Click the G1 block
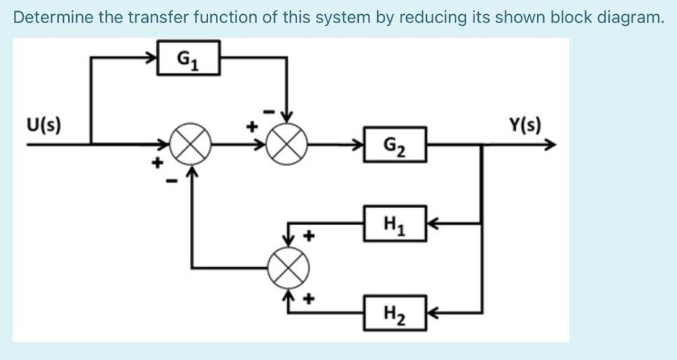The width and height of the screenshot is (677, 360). [x=188, y=57]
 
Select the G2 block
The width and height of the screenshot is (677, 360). [x=394, y=145]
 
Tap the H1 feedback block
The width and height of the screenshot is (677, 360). [x=394, y=223]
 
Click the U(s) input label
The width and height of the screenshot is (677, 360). [x=43, y=126]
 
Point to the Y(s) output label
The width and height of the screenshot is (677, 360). [x=525, y=126]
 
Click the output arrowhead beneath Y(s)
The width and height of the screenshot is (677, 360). [x=551, y=146]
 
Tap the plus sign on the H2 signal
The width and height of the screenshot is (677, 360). [x=307, y=300]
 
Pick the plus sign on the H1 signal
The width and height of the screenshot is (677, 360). [x=307, y=236]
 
